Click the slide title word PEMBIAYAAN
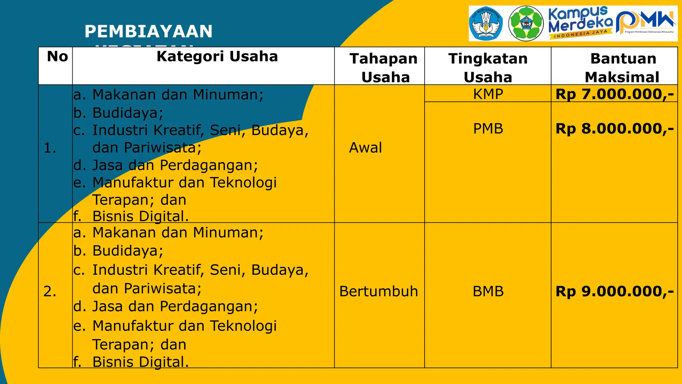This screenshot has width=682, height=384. (x=149, y=32)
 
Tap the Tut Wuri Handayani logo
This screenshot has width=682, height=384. (x=486, y=24)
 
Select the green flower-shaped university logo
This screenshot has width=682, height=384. (x=526, y=24)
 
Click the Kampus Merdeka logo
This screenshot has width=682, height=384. (x=580, y=23)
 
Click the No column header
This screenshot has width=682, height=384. (x=57, y=57)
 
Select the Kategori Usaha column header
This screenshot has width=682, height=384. (x=217, y=57)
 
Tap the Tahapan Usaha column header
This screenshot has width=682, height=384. (x=384, y=68)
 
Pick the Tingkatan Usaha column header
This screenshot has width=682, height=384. (x=488, y=68)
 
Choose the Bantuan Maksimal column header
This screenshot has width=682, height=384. (x=623, y=68)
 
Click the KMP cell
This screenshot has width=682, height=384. (x=488, y=94)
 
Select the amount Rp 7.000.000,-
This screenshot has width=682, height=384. (x=615, y=94)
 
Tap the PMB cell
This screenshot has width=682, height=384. (x=488, y=129)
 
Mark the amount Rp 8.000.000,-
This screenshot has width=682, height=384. (x=615, y=129)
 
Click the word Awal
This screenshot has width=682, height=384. (x=365, y=148)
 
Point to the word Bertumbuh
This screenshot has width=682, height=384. (x=379, y=291)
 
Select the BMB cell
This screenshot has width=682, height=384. (x=488, y=291)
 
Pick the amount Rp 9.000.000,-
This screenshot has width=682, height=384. (x=615, y=291)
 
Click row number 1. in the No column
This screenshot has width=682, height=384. (x=50, y=148)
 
